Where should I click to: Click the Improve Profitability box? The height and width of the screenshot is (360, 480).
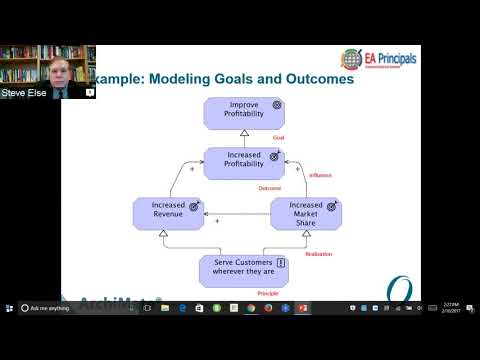243,112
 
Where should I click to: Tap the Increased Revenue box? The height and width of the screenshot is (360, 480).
167,213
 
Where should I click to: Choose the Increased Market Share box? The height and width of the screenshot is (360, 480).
305,213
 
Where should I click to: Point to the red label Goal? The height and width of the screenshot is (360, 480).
279,138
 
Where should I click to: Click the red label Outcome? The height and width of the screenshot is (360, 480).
269,188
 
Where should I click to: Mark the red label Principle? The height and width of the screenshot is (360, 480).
268,293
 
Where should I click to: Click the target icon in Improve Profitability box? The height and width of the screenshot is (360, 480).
277,104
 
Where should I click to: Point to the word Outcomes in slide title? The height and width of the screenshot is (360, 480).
319,79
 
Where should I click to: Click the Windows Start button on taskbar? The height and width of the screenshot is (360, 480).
7,308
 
